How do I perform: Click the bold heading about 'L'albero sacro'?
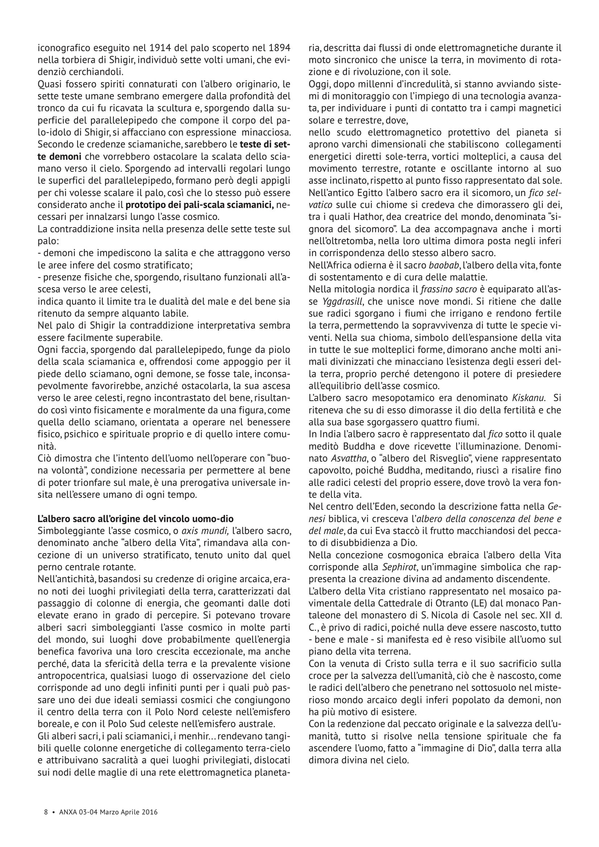[x=136, y=518]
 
